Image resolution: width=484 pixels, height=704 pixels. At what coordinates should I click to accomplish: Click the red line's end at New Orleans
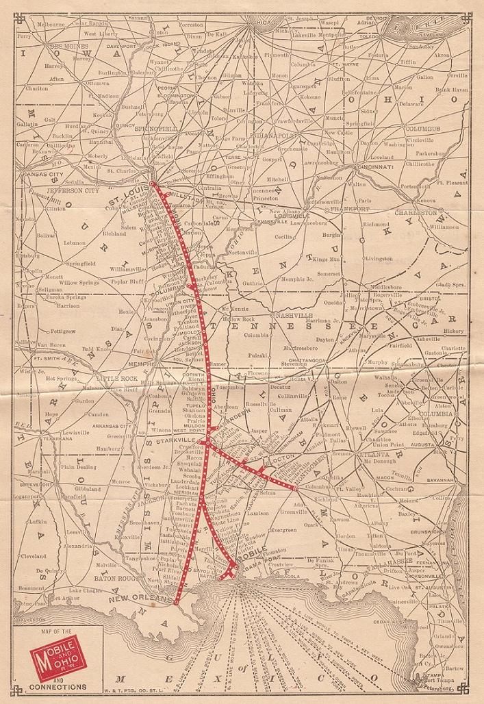click(x=176, y=602)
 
